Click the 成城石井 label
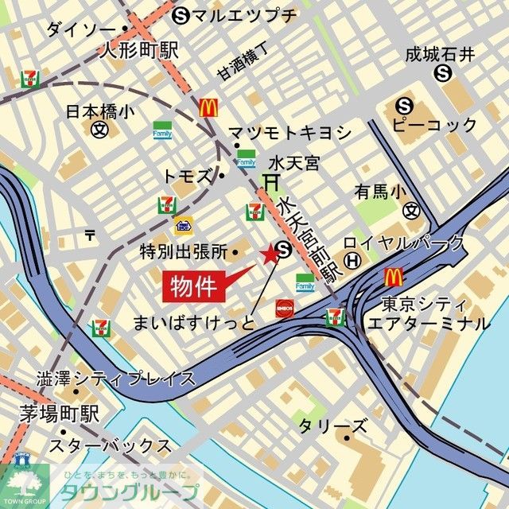pos(440,54)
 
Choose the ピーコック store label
pos(435,125)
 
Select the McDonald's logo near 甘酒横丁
pos(209,105)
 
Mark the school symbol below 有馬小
pos(411,211)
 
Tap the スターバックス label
pos(110,445)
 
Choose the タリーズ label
pos(332,426)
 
